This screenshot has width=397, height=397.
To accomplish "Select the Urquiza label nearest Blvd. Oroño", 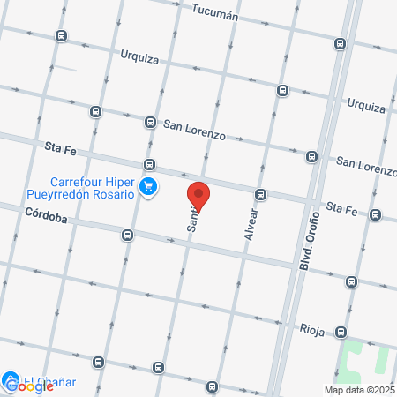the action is click(x=366, y=105).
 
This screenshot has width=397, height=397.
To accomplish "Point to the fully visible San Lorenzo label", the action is click(x=194, y=129).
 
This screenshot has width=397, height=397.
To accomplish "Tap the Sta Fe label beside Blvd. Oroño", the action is click(x=341, y=207).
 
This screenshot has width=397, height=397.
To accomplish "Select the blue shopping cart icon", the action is click(x=148, y=186).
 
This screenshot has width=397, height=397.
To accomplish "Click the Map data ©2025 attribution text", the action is click(x=359, y=390).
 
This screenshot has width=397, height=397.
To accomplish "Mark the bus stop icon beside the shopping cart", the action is click(x=150, y=164).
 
